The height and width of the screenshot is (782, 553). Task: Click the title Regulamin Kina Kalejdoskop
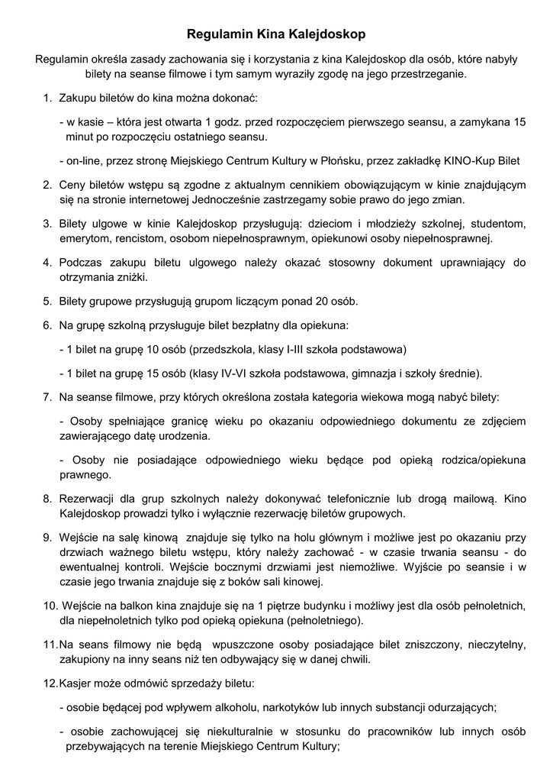click(x=276, y=34)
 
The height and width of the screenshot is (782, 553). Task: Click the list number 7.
click(x=46, y=397)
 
